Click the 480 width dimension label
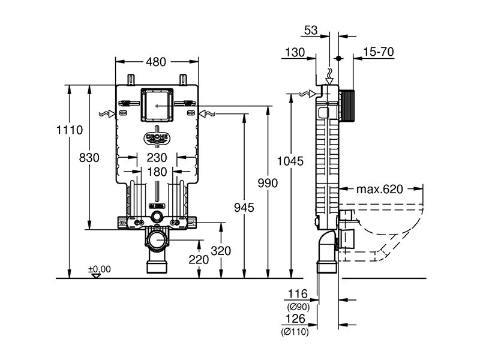156,62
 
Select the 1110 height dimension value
70,130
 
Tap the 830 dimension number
89,158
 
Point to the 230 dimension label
157,158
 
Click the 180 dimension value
157,172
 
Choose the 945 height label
244,208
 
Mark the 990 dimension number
268,183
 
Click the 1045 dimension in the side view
290,161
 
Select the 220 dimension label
199,260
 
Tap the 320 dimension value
221,251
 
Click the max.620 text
380,189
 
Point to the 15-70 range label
379,52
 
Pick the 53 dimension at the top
311,31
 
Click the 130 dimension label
295,52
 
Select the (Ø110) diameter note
295,332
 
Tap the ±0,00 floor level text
100,269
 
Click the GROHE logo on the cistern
157,139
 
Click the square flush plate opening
157,104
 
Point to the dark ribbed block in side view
347,106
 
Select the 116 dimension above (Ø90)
298,294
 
